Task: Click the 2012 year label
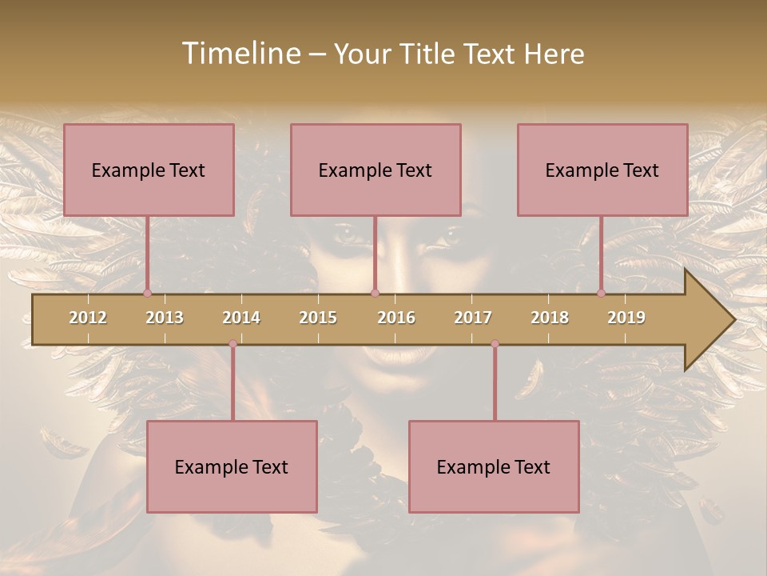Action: click(88, 318)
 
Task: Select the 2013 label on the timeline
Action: click(165, 318)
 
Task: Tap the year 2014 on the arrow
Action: click(241, 318)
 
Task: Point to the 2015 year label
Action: click(318, 318)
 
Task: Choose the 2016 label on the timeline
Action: click(396, 318)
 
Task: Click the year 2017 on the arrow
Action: click(473, 318)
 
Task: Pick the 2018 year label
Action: click(550, 318)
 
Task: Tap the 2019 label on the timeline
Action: click(626, 318)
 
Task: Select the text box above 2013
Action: click(149, 170)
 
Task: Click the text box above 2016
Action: click(376, 170)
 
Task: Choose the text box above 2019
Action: click(602, 170)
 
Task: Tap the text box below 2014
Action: click(232, 466)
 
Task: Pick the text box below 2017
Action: click(494, 466)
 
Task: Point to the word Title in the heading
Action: click(429, 54)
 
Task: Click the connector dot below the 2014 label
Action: click(232, 344)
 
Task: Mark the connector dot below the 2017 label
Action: click(495, 344)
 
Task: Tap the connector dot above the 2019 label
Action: click(602, 293)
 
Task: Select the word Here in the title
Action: click(554, 54)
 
